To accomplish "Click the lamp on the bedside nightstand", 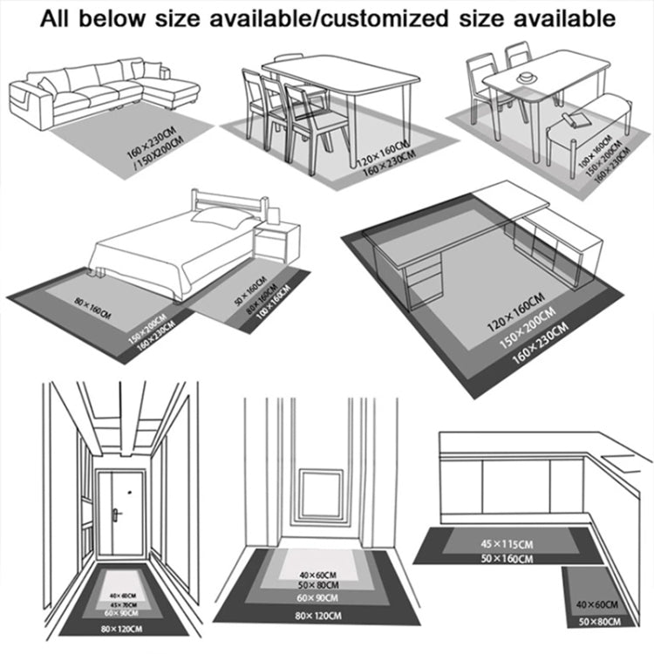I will click(274, 210).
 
